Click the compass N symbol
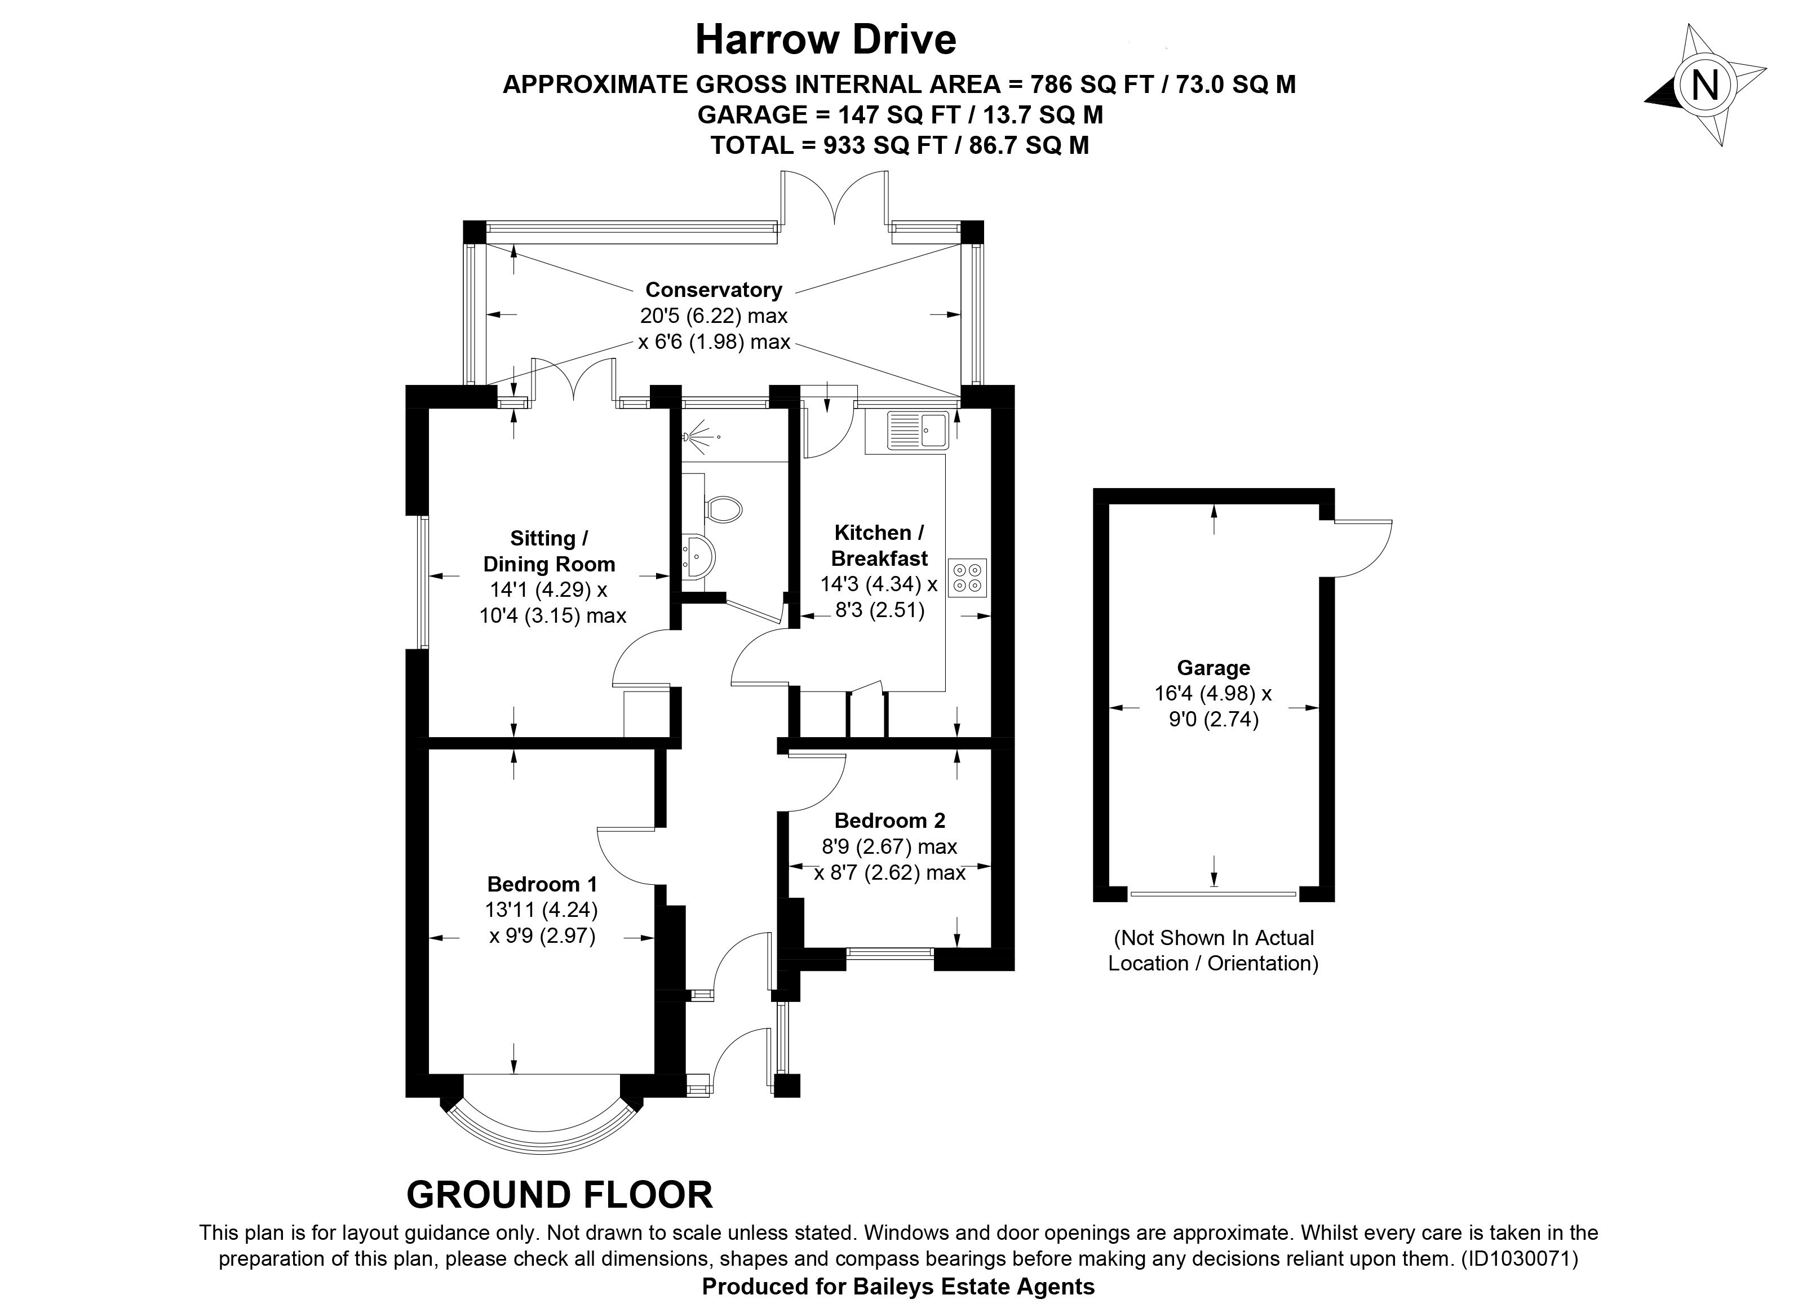[x=1704, y=86]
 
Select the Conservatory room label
[x=714, y=290]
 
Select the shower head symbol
[x=700, y=436]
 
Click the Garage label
[x=1213, y=668]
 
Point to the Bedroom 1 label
[x=542, y=884]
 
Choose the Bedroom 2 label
[x=889, y=821]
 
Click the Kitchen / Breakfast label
[x=879, y=546]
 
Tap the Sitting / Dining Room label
[x=548, y=552]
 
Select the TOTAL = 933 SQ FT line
[x=899, y=145]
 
